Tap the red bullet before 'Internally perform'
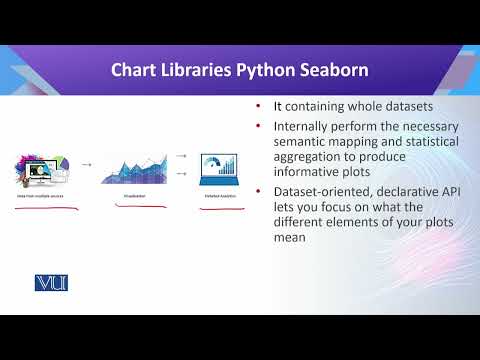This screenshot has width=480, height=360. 259,127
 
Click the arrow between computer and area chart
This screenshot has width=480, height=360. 86,163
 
